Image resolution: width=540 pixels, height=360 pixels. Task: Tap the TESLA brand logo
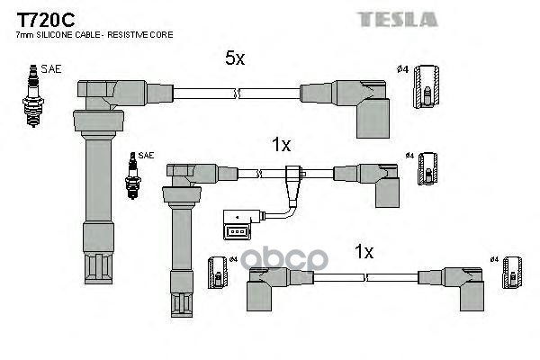401,19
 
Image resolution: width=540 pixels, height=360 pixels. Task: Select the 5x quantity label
234,59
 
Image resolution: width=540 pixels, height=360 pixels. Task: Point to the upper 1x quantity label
281,144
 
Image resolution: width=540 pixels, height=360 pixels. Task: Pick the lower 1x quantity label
364,253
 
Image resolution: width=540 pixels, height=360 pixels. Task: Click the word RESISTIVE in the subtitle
133,35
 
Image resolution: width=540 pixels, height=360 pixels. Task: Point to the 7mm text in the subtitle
25,35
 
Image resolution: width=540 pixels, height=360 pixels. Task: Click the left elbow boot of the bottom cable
267,286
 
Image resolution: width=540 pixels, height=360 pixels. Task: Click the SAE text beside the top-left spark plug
51,68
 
